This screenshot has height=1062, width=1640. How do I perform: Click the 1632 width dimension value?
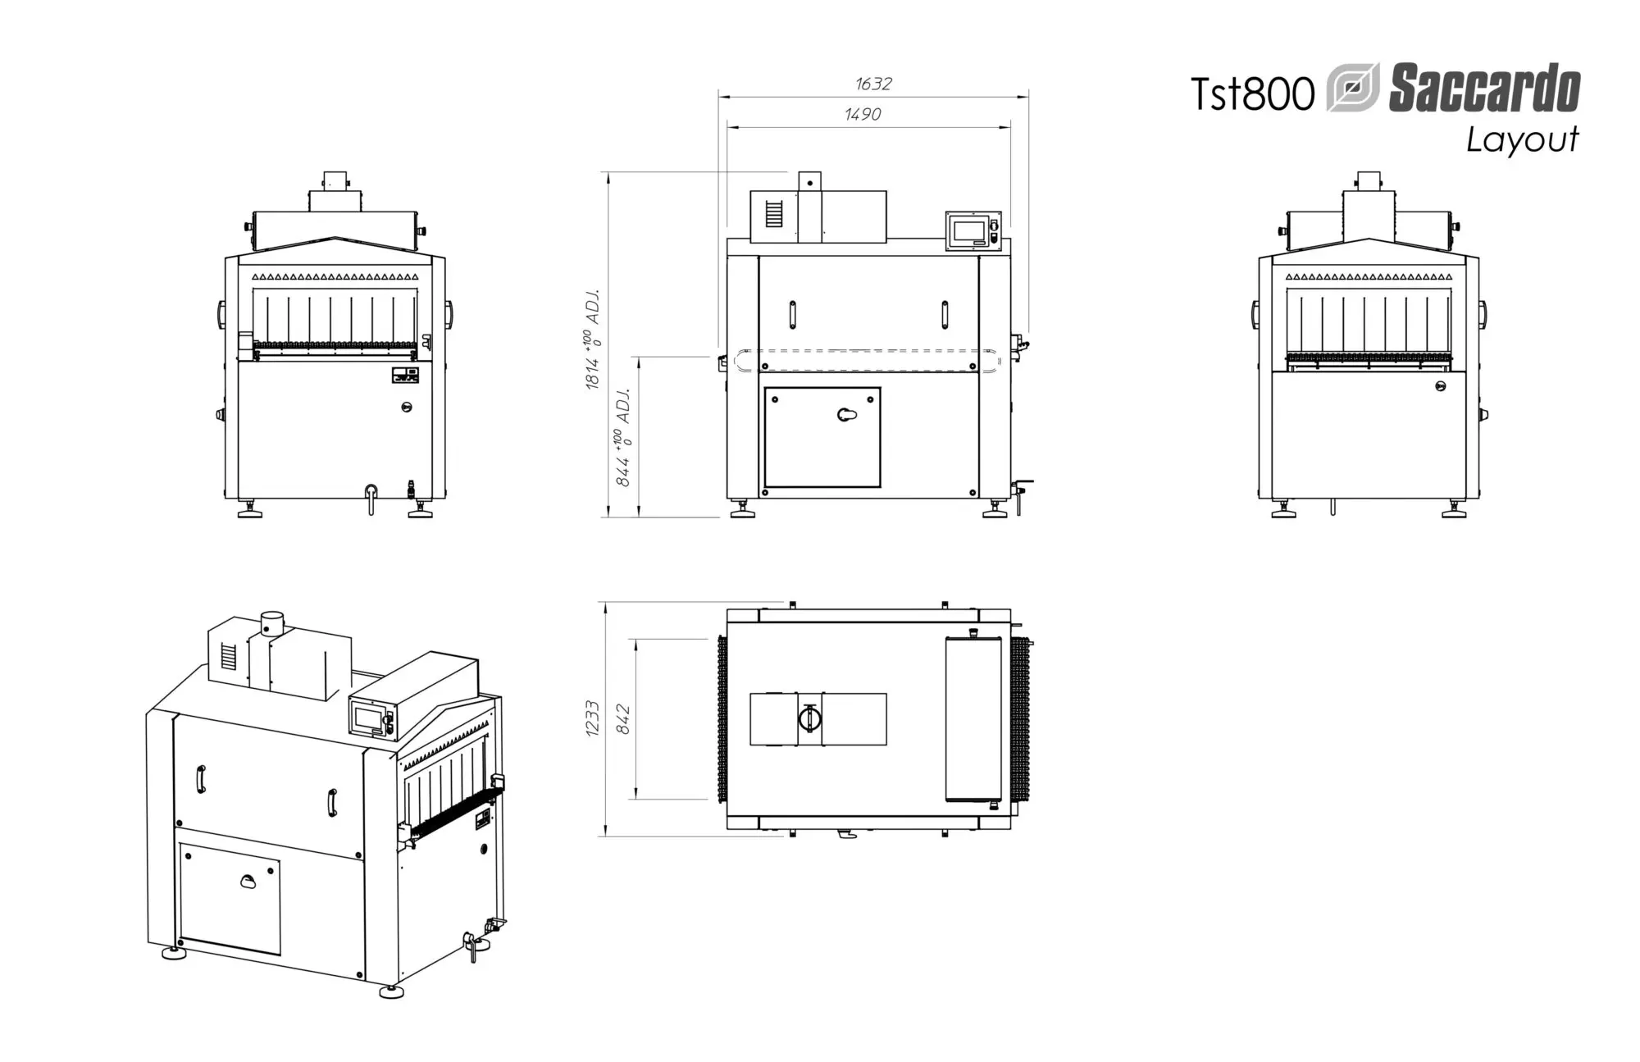[x=873, y=84]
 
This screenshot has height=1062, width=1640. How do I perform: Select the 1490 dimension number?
[x=863, y=114]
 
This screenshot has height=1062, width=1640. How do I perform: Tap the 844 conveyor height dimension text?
[x=623, y=437]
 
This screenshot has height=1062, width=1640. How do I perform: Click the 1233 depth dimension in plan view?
[x=593, y=718]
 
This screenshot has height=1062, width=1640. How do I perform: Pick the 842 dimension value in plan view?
[x=623, y=718]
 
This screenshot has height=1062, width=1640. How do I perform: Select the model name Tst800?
[x=1252, y=93]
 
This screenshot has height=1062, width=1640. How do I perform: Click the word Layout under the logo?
[x=1523, y=140]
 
